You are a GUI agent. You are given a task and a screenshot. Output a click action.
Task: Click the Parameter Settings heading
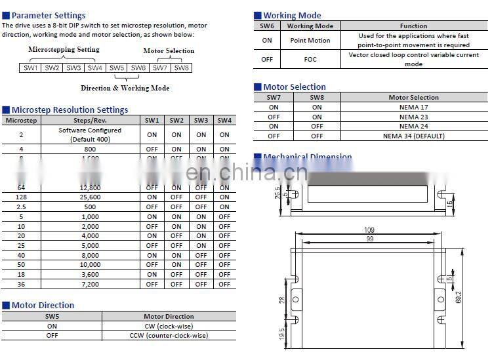click(x=48, y=15)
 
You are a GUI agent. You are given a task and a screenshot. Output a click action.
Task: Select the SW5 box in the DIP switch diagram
click(x=117, y=68)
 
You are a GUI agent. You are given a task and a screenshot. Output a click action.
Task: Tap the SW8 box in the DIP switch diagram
click(x=181, y=68)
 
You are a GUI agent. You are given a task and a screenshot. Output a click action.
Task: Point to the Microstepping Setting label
click(x=64, y=49)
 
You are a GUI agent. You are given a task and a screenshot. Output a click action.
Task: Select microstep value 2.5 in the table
click(x=21, y=207)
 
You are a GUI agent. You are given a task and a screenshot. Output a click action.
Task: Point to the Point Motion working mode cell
click(x=310, y=40)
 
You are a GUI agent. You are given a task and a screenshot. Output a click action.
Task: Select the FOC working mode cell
click(x=310, y=59)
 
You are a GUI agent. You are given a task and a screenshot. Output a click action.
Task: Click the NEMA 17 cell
click(x=413, y=107)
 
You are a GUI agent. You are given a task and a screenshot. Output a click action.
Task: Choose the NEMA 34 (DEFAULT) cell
click(x=413, y=136)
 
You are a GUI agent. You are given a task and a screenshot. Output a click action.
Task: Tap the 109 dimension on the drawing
click(x=369, y=231)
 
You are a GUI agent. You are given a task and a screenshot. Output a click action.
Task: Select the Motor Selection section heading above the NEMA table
click(x=294, y=87)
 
